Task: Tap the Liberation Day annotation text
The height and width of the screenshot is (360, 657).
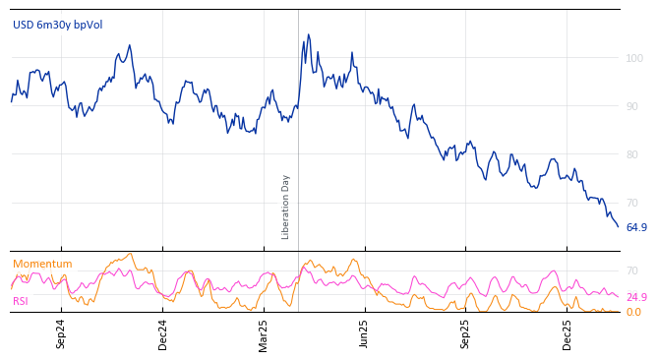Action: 286,207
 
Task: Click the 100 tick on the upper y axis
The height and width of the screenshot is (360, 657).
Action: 634,58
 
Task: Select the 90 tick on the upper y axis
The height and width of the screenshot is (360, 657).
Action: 634,106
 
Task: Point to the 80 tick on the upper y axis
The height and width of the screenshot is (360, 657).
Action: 634,154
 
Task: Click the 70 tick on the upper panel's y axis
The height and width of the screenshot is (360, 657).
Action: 634,203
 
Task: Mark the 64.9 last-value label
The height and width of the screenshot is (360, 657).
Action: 636,228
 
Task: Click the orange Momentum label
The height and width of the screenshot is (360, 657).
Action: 42,264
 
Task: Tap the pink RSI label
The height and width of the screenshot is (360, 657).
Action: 21,301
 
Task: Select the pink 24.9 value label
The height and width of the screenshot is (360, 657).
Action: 636,297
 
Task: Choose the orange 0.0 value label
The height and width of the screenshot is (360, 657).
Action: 633,313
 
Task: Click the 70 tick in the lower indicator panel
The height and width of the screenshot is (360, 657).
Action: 632,270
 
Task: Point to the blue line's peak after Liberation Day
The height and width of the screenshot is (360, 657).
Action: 308,35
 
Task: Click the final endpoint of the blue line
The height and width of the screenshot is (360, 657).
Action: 619,227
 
